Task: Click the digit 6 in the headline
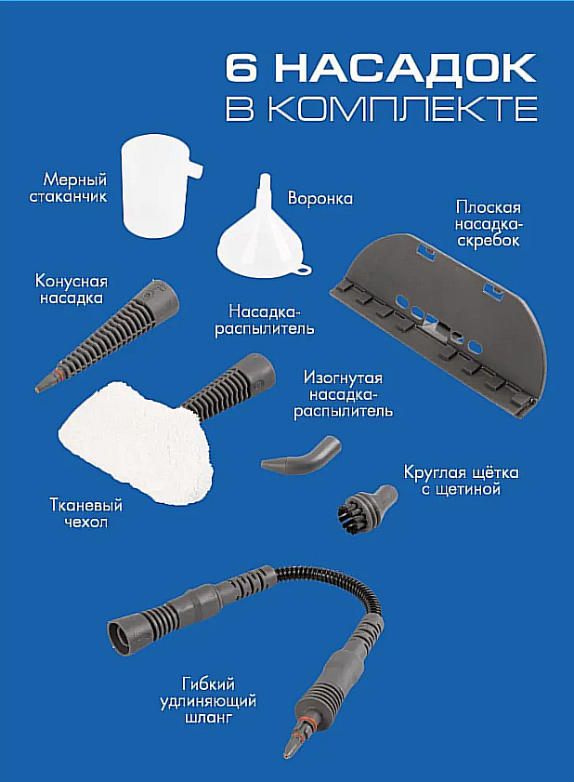tap(242, 68)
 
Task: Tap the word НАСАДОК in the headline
tap(406, 70)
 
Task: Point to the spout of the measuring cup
tap(195, 169)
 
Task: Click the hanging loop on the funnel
tap(303, 271)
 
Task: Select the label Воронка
tap(320, 198)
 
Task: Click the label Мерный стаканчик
tap(68, 187)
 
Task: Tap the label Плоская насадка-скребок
tap(489, 223)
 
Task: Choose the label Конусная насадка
tap(72, 289)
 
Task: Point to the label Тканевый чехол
tap(85, 513)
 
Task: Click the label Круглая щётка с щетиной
tap(461, 481)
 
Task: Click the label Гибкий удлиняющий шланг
tap(208, 701)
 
